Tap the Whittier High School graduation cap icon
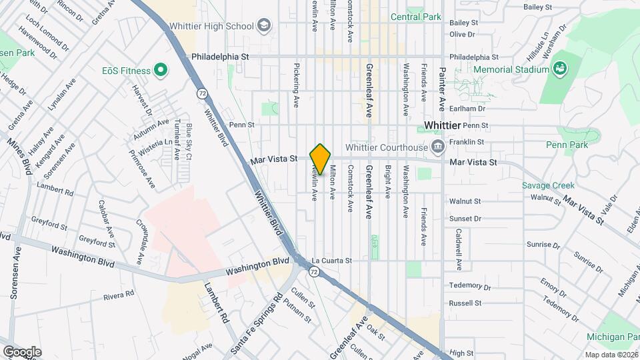pos(264,26)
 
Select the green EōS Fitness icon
pos(160,69)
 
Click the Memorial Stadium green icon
pos(560,69)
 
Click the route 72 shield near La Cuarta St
pos(313,271)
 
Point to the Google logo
pos(22,351)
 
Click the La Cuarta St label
pos(331,260)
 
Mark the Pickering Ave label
pos(296,86)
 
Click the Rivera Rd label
pos(119,293)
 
